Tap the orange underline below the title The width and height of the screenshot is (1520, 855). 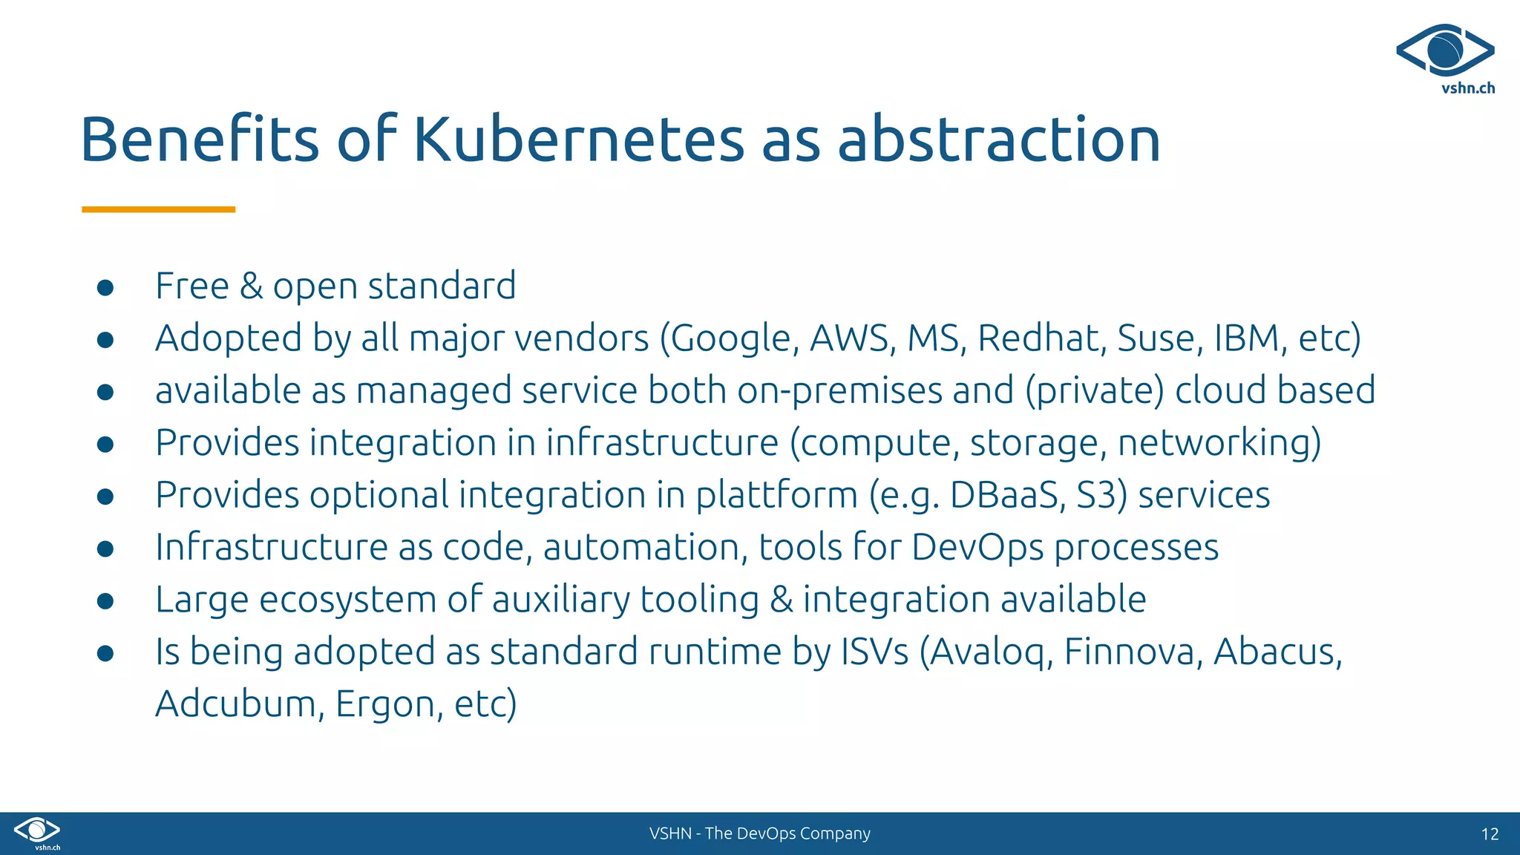[158, 210]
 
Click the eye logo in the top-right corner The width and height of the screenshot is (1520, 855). [1445, 50]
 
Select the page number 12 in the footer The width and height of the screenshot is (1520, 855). [1490, 834]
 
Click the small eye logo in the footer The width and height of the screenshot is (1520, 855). [37, 830]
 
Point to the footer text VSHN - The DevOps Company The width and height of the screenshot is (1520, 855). [759, 833]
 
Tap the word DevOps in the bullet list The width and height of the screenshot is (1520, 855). [977, 548]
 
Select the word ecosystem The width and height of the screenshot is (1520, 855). [347, 600]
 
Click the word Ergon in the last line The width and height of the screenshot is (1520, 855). [384, 704]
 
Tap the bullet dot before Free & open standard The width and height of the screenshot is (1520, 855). [105, 287]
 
